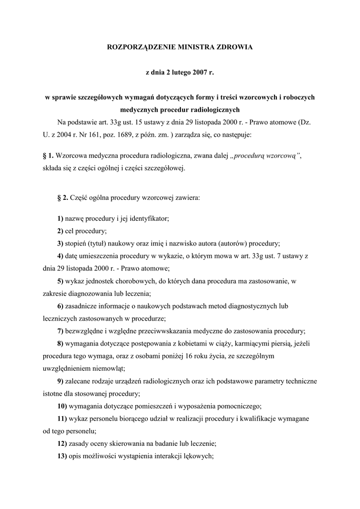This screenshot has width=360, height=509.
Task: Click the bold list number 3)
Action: (60, 244)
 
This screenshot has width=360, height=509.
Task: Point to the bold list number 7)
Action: (60, 331)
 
